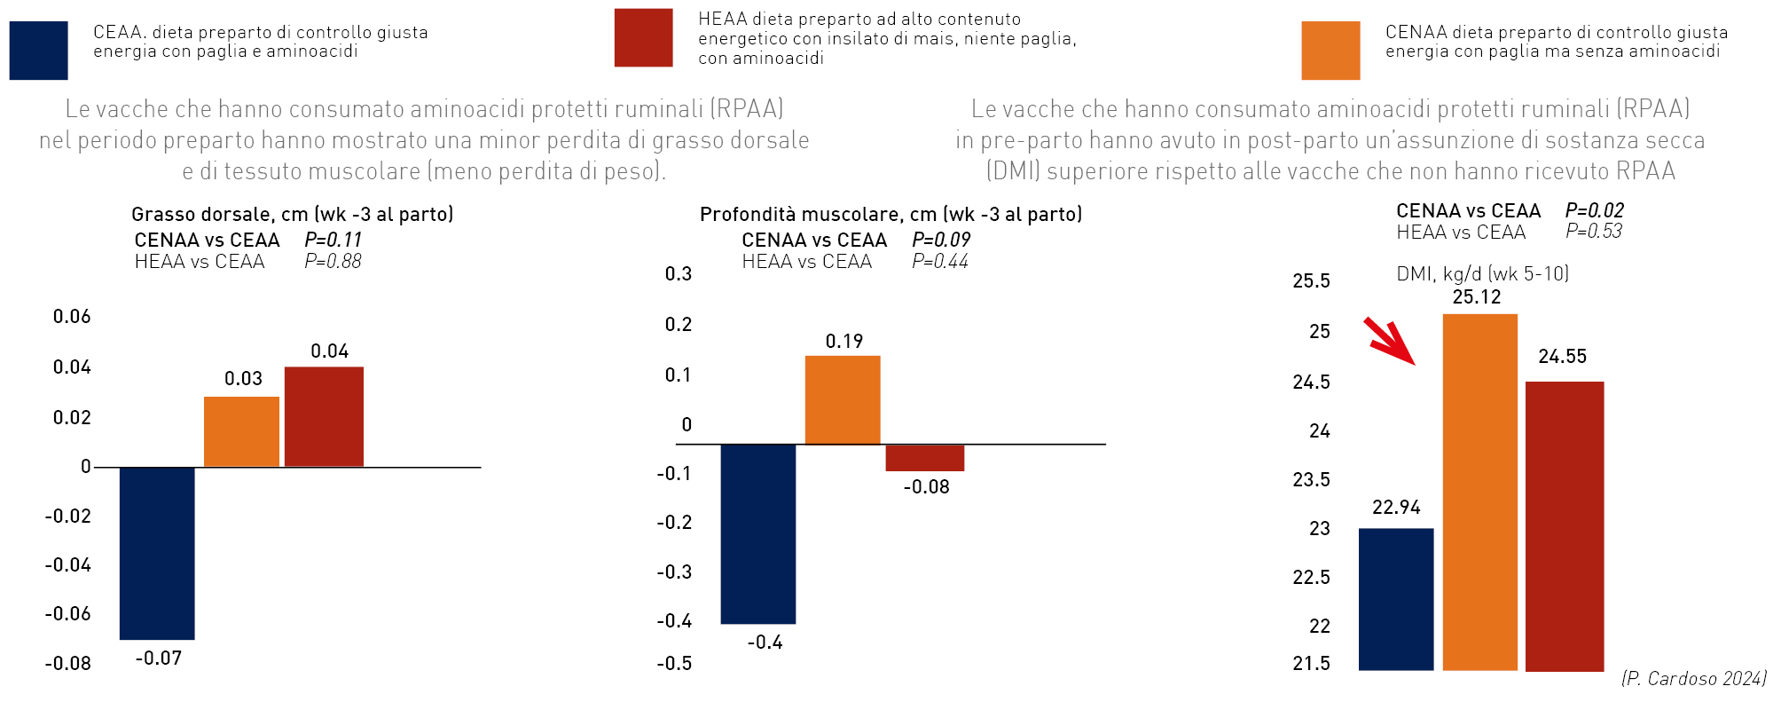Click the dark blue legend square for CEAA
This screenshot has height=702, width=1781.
[x=38, y=51]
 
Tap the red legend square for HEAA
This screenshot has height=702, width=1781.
[x=643, y=37]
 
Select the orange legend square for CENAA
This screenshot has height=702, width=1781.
[x=1330, y=51]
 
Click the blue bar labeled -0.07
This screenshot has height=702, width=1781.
[x=157, y=552]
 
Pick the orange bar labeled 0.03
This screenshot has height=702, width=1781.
[x=241, y=431]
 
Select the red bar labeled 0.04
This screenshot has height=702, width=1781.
[x=324, y=416]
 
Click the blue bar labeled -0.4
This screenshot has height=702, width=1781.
[x=758, y=533]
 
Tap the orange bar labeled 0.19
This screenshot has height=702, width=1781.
[x=843, y=399]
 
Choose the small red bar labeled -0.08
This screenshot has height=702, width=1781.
[x=924, y=458]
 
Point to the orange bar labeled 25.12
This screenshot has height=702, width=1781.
[x=1479, y=492]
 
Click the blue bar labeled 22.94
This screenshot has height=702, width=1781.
[x=1396, y=599]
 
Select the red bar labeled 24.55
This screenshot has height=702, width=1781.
[x=1565, y=525]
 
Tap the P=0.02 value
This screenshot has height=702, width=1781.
[x=1594, y=210]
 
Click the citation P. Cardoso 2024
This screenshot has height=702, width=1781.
[x=1693, y=679]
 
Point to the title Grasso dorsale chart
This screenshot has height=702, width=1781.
[x=292, y=214]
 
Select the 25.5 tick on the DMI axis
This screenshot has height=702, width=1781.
[x=1311, y=281]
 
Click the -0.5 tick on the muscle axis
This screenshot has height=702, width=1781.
[x=674, y=664]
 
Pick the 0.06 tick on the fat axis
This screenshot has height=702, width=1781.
[x=72, y=317]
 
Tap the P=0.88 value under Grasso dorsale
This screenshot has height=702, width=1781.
[x=333, y=262]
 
